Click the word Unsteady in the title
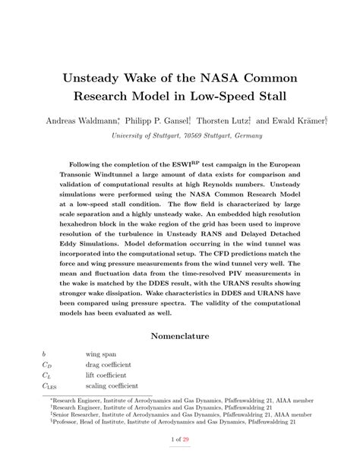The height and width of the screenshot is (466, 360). [x=96, y=79]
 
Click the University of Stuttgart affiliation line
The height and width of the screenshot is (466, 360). [x=179, y=135]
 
